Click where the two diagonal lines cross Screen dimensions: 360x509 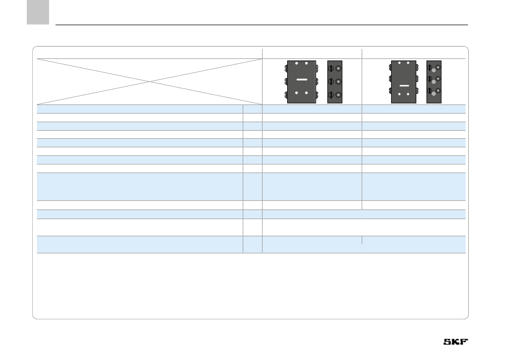[149, 81]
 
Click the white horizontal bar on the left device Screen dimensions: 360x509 [301, 79]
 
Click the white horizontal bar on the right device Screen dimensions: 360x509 [404, 85]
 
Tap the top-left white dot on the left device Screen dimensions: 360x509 [296, 63]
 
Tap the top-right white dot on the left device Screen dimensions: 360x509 [306, 63]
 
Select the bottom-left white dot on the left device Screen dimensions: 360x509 [296, 93]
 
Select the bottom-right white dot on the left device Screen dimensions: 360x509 [306, 93]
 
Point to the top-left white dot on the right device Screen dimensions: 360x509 [399, 63]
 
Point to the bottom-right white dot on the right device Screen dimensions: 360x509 [408, 94]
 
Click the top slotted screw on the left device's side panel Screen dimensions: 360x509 [331, 69]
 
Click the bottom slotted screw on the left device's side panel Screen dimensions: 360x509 [331, 95]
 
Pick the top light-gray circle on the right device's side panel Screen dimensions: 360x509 [434, 70]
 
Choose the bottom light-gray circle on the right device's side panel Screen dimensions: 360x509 [434, 94]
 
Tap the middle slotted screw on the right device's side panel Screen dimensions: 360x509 [430, 80]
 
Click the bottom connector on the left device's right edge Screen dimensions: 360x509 [317, 95]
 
